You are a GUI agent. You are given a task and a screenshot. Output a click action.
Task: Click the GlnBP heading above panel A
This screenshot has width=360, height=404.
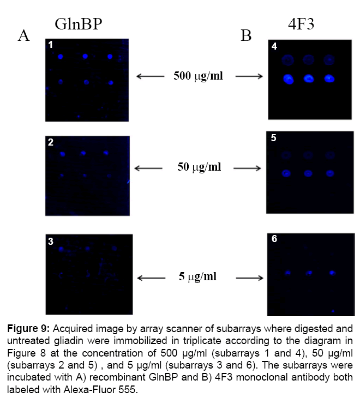coord(79,25)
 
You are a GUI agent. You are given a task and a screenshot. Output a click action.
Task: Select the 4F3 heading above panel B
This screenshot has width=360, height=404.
coord(301,24)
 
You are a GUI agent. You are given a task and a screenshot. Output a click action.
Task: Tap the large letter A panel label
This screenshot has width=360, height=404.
coord(23,35)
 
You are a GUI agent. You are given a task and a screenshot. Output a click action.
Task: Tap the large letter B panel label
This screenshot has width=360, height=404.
coord(246,35)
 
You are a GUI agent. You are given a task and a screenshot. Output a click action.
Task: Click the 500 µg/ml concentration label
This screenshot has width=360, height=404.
coord(198,76)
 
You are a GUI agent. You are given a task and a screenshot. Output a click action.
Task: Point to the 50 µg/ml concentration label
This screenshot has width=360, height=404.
coord(199,167)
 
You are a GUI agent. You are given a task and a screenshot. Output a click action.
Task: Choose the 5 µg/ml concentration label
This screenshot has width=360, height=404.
coord(197,277)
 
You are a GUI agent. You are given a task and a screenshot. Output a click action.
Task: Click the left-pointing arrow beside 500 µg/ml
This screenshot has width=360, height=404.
coord(150,76)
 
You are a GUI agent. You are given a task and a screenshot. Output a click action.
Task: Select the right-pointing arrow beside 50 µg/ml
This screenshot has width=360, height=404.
coord(248,168)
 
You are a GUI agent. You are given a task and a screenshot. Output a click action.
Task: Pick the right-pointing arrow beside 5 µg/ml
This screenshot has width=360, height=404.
coord(249,278)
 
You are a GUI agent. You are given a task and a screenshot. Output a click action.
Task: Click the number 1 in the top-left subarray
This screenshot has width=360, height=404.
coord(51,45)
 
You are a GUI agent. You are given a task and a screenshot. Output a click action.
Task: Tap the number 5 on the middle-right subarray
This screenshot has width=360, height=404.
coord(273,138)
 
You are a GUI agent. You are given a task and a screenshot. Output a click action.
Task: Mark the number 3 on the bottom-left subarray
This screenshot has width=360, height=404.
coord(51,242)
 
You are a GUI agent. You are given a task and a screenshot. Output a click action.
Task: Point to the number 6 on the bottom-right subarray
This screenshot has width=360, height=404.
coord(274,239)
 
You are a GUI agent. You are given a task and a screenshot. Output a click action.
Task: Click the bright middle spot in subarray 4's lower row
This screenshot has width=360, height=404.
coord(309,79)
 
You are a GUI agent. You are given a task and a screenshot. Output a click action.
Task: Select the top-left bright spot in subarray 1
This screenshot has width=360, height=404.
coord(61,56)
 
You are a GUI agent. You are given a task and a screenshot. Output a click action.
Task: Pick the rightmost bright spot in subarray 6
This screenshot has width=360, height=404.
coord(332,273)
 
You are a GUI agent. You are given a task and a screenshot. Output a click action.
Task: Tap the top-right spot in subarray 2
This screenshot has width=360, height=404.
coord(106,153)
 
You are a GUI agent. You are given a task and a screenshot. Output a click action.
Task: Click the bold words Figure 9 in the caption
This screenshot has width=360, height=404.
coord(28,329)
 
